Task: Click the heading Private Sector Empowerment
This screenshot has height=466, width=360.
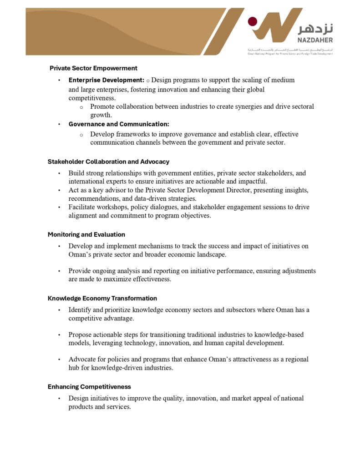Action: [93, 68]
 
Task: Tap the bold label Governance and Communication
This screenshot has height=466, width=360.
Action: [119, 124]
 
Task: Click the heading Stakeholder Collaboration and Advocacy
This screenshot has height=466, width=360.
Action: [108, 162]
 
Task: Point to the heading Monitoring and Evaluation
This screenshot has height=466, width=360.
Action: [86, 234]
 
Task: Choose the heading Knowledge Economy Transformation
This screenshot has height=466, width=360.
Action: [102, 299]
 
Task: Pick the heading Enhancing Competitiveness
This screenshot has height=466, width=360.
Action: [89, 387]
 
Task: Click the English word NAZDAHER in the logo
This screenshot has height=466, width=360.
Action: [316, 40]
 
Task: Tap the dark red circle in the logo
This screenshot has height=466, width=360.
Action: [252, 21]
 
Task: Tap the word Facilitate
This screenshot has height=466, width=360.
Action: [82, 207]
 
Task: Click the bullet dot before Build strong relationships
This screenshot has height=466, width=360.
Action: [59, 173]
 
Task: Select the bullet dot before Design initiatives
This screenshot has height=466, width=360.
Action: [59, 399]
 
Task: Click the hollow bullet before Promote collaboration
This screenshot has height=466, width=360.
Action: [81, 107]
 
